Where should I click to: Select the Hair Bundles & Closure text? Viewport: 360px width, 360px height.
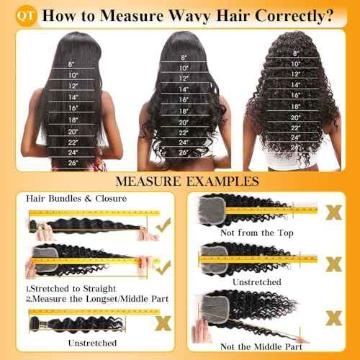pos(76,198)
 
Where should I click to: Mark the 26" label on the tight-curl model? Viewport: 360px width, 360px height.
pos(295,147)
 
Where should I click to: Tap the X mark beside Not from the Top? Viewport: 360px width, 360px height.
pos(333,212)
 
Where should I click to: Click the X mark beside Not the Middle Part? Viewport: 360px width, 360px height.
pos(333,318)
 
